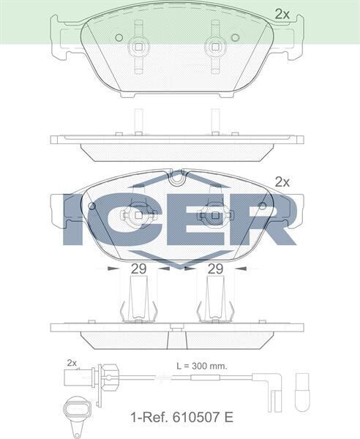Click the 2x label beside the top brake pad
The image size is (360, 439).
[282, 13]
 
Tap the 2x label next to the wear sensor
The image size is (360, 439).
[72, 363]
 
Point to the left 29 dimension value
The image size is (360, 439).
[138, 269]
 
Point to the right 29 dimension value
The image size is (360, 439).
[214, 269]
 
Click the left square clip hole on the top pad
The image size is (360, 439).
[138, 48]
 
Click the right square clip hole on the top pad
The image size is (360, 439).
[214, 48]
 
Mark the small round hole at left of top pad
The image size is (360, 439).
[119, 37]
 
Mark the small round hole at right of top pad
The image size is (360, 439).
[235, 37]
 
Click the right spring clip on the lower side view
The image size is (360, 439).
[214, 302]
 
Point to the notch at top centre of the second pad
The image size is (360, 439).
[176, 176]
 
